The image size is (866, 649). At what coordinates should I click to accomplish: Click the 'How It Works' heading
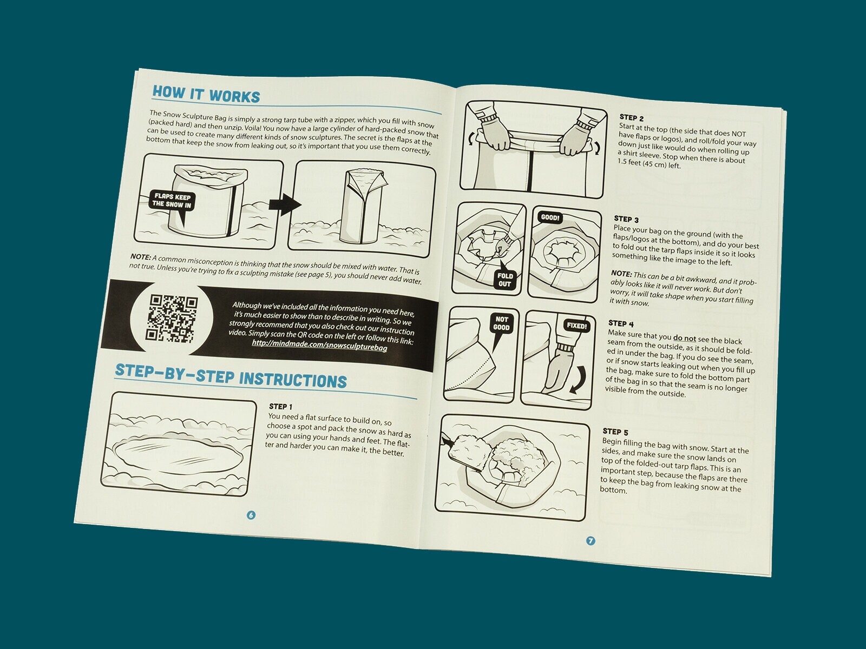tap(206, 95)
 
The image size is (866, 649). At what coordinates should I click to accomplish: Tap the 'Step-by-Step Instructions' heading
tap(231, 376)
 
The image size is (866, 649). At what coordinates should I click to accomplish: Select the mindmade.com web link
tap(319, 345)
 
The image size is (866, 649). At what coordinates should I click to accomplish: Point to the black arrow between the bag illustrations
tap(285, 204)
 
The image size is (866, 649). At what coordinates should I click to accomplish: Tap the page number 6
tap(251, 515)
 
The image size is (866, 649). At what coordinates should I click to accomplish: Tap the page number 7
tap(590, 541)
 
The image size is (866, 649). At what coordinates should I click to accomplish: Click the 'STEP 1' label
tap(280, 406)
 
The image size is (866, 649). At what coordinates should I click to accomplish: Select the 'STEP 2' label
tap(631, 117)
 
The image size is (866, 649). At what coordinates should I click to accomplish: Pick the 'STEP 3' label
tap(626, 219)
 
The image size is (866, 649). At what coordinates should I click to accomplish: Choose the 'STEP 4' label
tap(621, 323)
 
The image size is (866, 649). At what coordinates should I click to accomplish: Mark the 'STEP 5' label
tap(615, 432)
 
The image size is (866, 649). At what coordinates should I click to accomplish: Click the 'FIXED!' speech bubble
tap(576, 326)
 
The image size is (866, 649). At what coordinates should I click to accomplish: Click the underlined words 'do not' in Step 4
tap(685, 338)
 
